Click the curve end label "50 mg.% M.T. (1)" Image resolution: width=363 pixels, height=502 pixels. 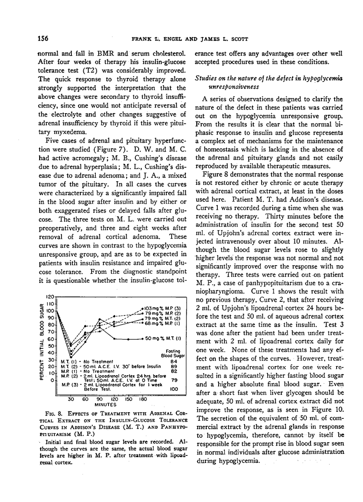pos(164,339)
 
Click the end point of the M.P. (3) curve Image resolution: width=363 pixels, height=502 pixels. pos(142,308)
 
